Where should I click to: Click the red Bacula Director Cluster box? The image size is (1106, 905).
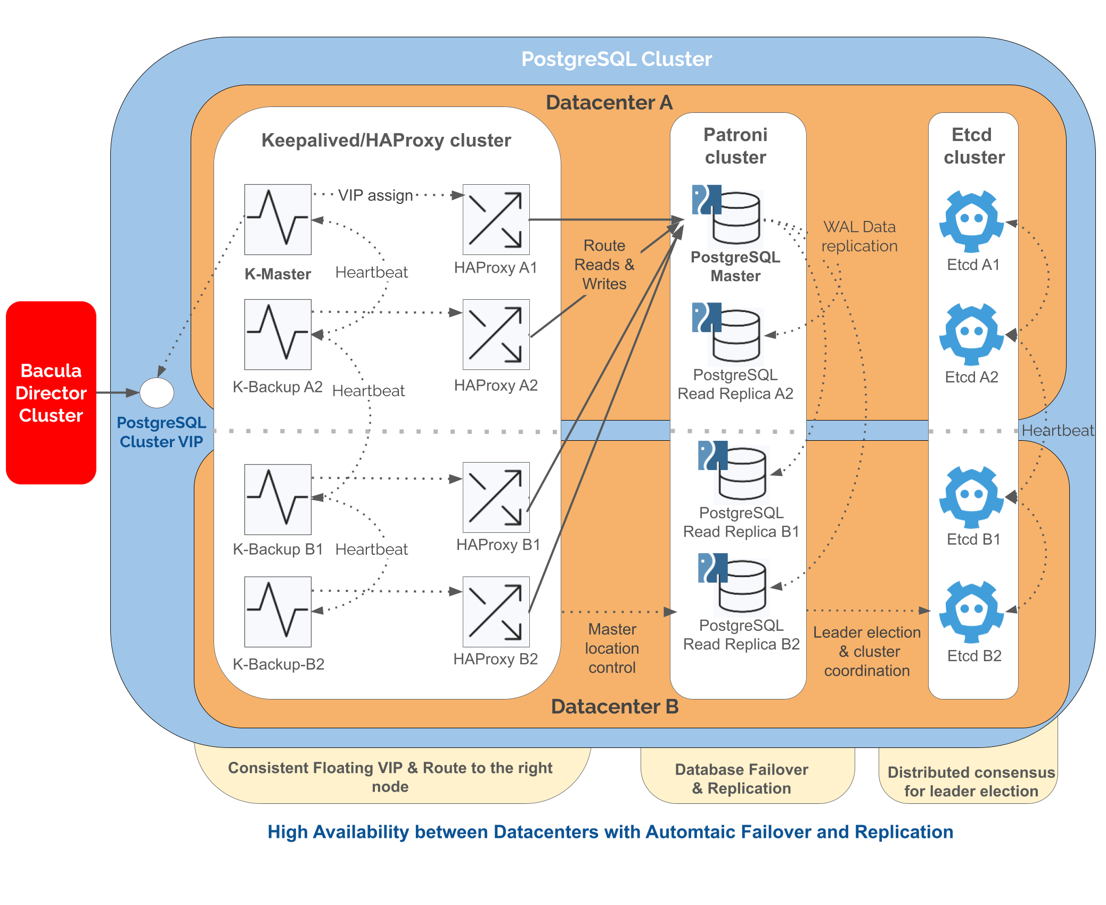51,392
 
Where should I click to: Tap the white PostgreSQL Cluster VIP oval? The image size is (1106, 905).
157,393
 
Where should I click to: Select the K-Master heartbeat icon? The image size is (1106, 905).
277,219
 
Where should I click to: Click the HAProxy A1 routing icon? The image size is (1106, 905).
496,219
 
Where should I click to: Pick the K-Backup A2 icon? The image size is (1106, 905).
277,334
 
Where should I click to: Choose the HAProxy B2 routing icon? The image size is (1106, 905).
496,612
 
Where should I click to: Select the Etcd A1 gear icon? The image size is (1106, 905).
971,221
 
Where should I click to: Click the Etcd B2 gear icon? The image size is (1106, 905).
971,612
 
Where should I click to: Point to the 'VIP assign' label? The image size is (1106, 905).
375,195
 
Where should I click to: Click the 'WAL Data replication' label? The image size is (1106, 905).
859,236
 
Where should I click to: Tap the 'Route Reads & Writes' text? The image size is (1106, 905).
604,265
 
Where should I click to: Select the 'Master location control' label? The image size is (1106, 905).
612,648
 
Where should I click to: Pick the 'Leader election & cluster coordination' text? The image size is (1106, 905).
867,652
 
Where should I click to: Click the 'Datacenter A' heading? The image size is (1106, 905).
609,102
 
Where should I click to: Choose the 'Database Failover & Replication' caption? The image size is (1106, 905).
742,779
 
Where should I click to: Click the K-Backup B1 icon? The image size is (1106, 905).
277,499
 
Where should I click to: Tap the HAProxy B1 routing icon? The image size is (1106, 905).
496,497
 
